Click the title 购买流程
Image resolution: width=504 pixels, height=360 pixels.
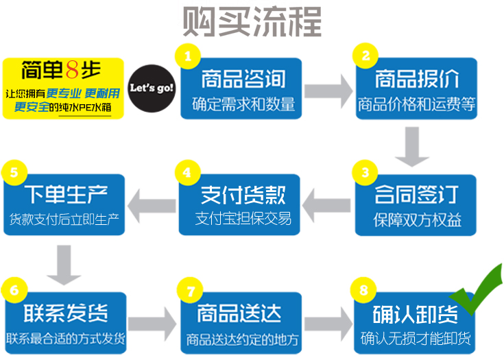[x=252, y=22]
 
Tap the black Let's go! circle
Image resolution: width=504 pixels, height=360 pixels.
[x=152, y=88]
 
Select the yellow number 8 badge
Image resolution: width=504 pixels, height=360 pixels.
[x=364, y=289]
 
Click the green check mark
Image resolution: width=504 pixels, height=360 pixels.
[x=478, y=293]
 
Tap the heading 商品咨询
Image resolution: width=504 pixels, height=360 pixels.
[x=242, y=79]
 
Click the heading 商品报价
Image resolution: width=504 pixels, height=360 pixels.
[x=417, y=79]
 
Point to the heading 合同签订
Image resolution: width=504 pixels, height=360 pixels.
[x=417, y=195]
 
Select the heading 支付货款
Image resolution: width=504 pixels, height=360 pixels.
[x=242, y=195]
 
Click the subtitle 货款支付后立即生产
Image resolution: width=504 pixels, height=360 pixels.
[x=65, y=220]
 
